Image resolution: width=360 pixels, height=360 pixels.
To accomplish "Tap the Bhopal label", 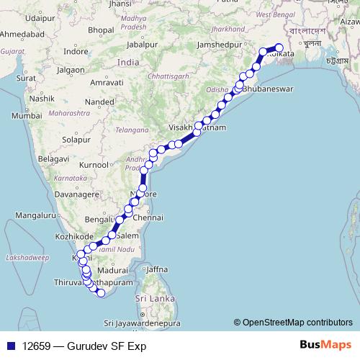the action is coord(102,30).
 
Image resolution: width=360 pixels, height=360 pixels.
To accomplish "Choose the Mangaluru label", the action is coord(34,215).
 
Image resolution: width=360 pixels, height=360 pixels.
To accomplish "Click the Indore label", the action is coord(76,52).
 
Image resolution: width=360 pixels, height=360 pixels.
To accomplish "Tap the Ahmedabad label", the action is coord(23,35).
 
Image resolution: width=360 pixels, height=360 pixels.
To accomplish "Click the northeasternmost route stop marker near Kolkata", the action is coord(279,48).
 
